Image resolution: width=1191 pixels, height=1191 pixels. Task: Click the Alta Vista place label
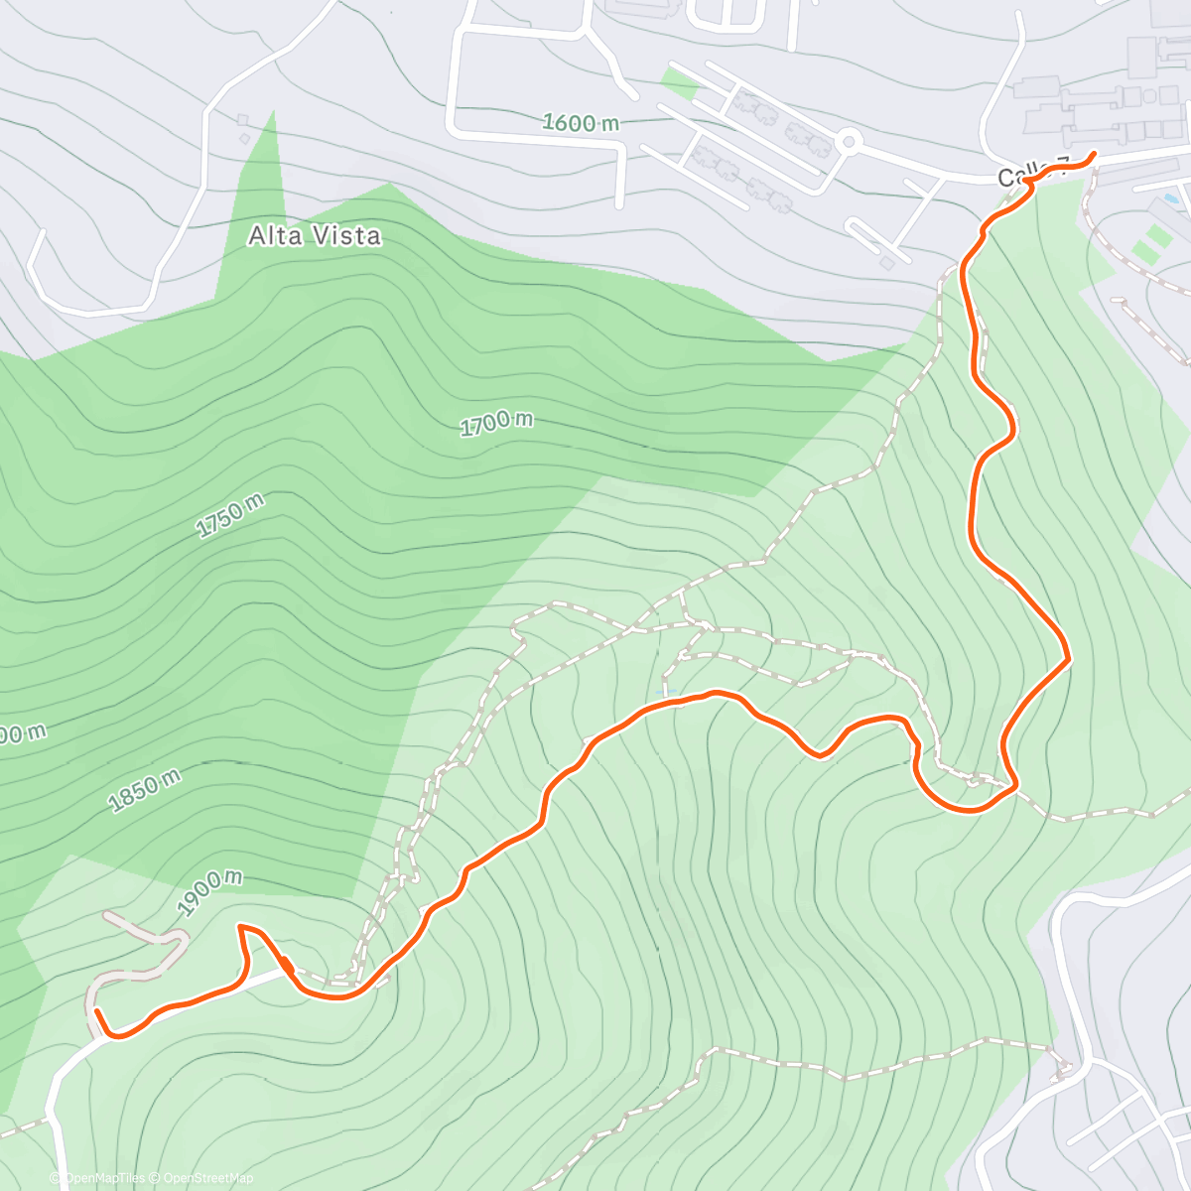[x=314, y=235]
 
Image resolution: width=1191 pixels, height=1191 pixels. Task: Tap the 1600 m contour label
[x=581, y=122]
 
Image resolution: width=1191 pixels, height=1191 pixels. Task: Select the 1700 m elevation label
[x=496, y=423]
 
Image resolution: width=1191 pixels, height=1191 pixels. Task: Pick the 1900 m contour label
[x=209, y=892]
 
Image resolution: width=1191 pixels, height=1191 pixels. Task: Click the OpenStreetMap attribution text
[x=207, y=1178]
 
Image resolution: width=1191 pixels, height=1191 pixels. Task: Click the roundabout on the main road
[x=847, y=142]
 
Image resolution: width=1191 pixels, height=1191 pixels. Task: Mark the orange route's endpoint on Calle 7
[x=1093, y=154]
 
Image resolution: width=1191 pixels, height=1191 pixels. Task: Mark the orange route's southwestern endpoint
[x=96, y=1011]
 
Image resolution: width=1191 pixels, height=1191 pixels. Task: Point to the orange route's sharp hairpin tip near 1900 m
[x=240, y=927]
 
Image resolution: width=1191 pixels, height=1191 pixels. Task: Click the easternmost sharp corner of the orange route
[x=1068, y=657]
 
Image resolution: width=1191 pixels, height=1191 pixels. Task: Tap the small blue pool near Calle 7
[x=1172, y=199]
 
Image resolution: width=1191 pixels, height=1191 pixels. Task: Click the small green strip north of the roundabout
[x=680, y=83]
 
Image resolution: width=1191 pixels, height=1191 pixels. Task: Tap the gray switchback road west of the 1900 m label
[x=149, y=958]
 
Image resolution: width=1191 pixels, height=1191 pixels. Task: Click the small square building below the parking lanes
[x=886, y=263]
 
